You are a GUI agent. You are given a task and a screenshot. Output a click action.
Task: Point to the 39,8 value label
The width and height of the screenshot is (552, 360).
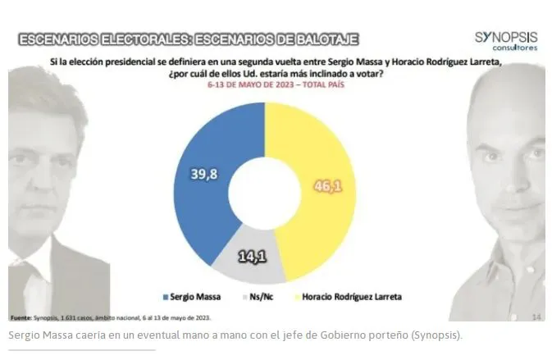204,174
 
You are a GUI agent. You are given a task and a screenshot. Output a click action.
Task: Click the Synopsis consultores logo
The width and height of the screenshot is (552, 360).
506,41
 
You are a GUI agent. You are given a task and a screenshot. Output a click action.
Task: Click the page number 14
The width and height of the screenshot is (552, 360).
537,317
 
